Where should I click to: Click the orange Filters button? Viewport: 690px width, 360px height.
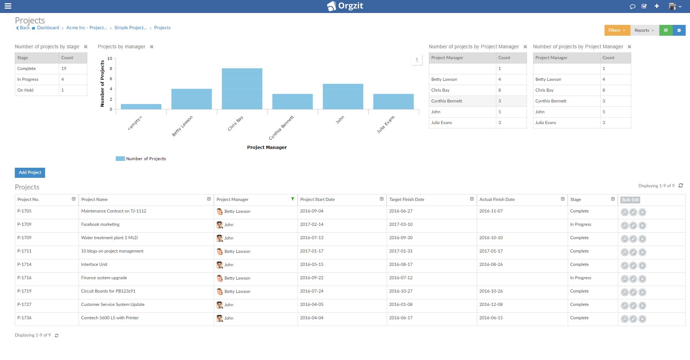click(x=617, y=30)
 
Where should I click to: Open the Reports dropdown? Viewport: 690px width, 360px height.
click(x=644, y=30)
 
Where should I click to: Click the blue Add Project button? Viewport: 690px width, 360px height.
click(x=30, y=172)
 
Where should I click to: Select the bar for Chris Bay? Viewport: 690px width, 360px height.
click(x=242, y=89)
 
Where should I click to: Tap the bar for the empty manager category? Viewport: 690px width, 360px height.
click(x=141, y=106)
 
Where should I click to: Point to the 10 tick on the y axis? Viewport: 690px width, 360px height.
click(x=110, y=58)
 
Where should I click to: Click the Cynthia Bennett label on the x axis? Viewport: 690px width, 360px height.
click(x=282, y=127)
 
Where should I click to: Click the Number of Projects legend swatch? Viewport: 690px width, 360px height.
click(x=120, y=159)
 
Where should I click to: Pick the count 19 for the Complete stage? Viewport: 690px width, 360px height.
click(x=64, y=69)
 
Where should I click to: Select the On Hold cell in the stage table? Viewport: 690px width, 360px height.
click(x=26, y=90)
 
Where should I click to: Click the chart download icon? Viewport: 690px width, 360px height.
click(x=417, y=60)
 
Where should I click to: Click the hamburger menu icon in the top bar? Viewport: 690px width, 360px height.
click(x=8, y=6)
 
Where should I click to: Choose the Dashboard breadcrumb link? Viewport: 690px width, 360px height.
click(x=48, y=28)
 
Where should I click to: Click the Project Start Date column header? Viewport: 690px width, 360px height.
click(x=317, y=199)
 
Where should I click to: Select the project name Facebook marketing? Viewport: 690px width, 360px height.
click(x=100, y=224)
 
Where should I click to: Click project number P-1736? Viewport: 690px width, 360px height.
click(x=25, y=318)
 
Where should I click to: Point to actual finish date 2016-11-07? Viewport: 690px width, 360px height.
click(x=491, y=211)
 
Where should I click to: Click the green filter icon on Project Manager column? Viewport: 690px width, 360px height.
click(x=293, y=199)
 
